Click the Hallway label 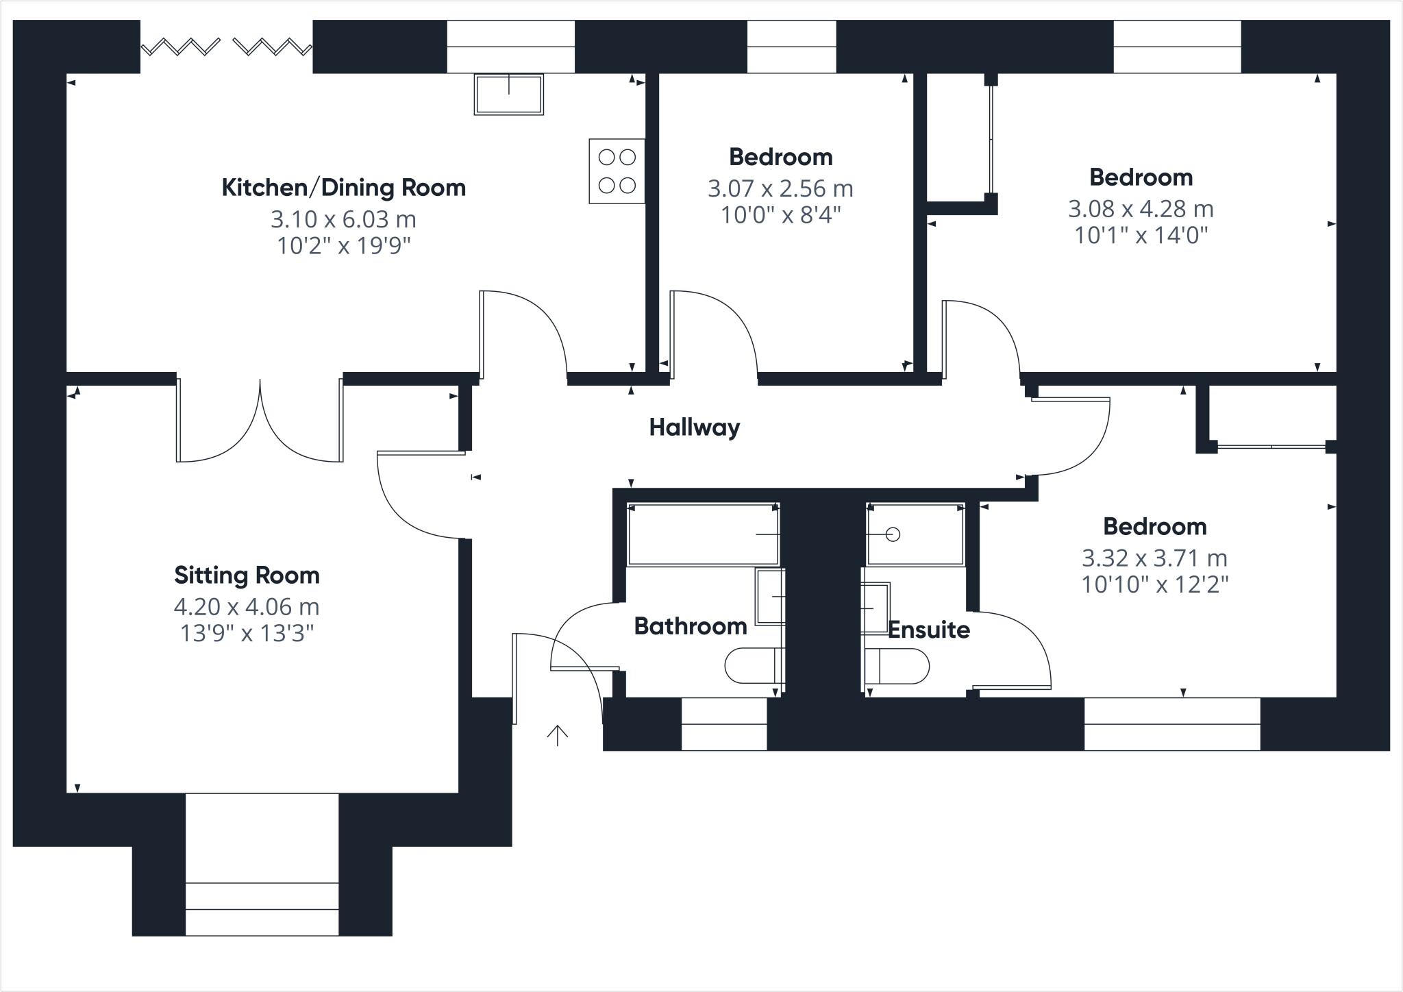[x=694, y=427]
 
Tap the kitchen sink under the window [x=508, y=94]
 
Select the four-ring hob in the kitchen [x=617, y=171]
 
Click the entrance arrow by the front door [x=558, y=735]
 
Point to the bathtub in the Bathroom [x=703, y=534]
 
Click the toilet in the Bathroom [x=752, y=665]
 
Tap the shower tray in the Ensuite [x=915, y=534]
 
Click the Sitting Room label [x=247, y=575]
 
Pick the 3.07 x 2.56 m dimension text [x=780, y=188]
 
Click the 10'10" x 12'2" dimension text [x=1154, y=585]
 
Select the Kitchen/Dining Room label [x=343, y=188]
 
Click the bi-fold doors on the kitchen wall [x=227, y=47]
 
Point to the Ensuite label [x=928, y=630]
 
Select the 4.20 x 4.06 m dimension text [x=247, y=607]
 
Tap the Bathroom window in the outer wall [x=723, y=724]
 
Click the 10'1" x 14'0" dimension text [x=1141, y=236]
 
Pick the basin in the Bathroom [x=771, y=597]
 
